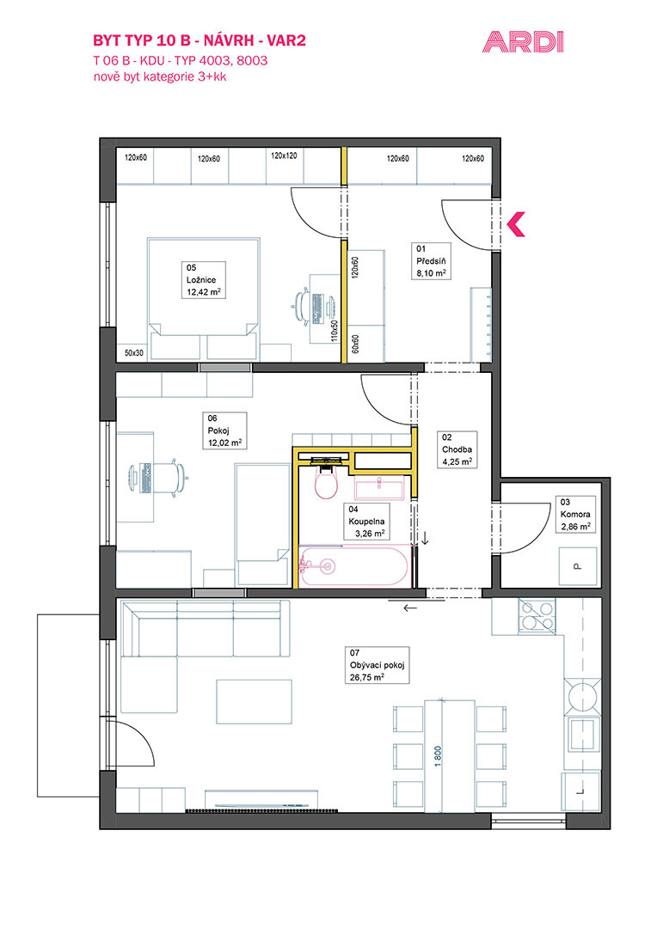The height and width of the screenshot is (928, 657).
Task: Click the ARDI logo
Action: [x=523, y=42]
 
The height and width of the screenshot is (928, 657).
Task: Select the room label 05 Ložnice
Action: [x=203, y=280]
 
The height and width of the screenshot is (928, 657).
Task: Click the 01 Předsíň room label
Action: [x=431, y=261]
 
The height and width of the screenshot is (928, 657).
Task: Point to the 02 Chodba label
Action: [x=457, y=449]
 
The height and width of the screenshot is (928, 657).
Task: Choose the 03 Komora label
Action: [x=575, y=515]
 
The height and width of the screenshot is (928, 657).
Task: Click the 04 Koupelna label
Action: [x=366, y=522]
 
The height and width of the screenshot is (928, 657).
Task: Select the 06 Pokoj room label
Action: [x=224, y=430]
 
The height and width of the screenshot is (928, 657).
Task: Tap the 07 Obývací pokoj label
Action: [x=377, y=665]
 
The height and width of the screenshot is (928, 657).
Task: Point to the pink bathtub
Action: [x=354, y=566]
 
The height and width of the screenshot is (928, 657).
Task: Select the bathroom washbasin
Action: [x=379, y=490]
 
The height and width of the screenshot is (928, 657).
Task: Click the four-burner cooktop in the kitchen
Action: [x=537, y=615]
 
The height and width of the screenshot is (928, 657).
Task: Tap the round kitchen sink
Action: [x=584, y=696]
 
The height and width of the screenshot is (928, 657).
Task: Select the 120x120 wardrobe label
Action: [x=284, y=156]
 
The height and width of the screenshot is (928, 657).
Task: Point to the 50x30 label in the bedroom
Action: [x=133, y=353]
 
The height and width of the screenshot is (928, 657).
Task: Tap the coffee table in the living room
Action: [x=255, y=703]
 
